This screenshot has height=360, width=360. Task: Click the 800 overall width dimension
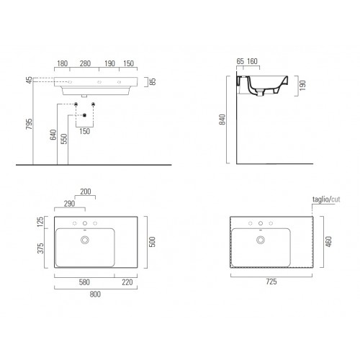pyautogui.click(x=95, y=294)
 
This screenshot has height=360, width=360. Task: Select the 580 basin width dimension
pyautogui.click(x=84, y=282)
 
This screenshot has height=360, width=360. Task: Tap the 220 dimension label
pyautogui.click(x=127, y=282)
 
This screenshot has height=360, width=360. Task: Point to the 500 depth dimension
pyautogui.click(x=152, y=242)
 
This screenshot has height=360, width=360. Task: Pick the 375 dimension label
pyautogui.click(x=40, y=248)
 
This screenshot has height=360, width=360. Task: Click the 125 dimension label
pyautogui.click(x=40, y=222)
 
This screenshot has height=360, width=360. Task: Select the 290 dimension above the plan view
pyautogui.click(x=69, y=204)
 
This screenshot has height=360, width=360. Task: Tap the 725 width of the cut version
pyautogui.click(x=271, y=282)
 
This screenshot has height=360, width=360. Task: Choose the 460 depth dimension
pyautogui.click(x=328, y=241)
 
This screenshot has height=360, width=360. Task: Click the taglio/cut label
pyautogui.click(x=326, y=199)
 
